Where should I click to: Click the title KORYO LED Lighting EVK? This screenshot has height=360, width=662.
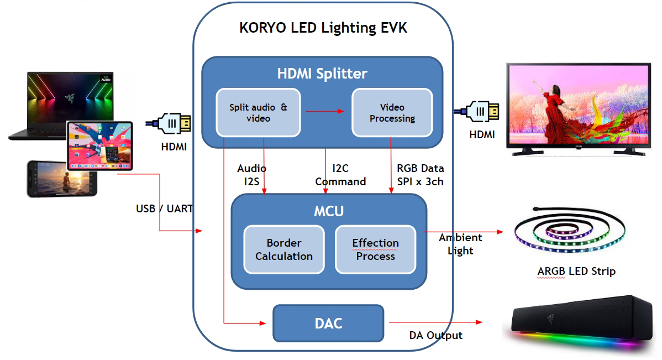323,28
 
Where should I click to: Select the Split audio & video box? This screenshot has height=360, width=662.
258,112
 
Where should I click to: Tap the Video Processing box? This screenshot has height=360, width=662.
392,112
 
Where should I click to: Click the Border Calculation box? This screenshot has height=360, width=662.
283,249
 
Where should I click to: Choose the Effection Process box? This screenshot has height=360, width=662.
375,249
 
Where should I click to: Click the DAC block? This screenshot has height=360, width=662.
328,322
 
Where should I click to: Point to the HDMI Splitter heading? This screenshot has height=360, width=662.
322,73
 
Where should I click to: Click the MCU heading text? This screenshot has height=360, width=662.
329,211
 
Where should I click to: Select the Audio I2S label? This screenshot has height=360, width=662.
251,174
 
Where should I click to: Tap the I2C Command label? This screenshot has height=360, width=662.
340,175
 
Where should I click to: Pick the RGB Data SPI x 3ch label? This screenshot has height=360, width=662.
420,174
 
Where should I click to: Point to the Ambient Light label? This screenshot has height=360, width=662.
460,244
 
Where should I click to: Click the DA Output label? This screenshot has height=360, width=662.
435,335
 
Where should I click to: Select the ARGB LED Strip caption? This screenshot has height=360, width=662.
576,271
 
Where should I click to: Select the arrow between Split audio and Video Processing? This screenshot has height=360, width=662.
325,111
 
